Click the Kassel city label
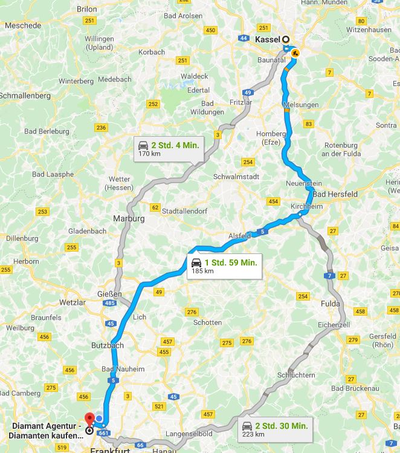268,39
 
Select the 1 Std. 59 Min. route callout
224,266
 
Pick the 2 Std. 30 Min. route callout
274,429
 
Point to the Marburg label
129,218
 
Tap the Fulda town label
331,303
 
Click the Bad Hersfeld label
335,194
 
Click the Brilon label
87,9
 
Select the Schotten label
207,322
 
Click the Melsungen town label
300,105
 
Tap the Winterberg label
76,80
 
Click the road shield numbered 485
109,302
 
